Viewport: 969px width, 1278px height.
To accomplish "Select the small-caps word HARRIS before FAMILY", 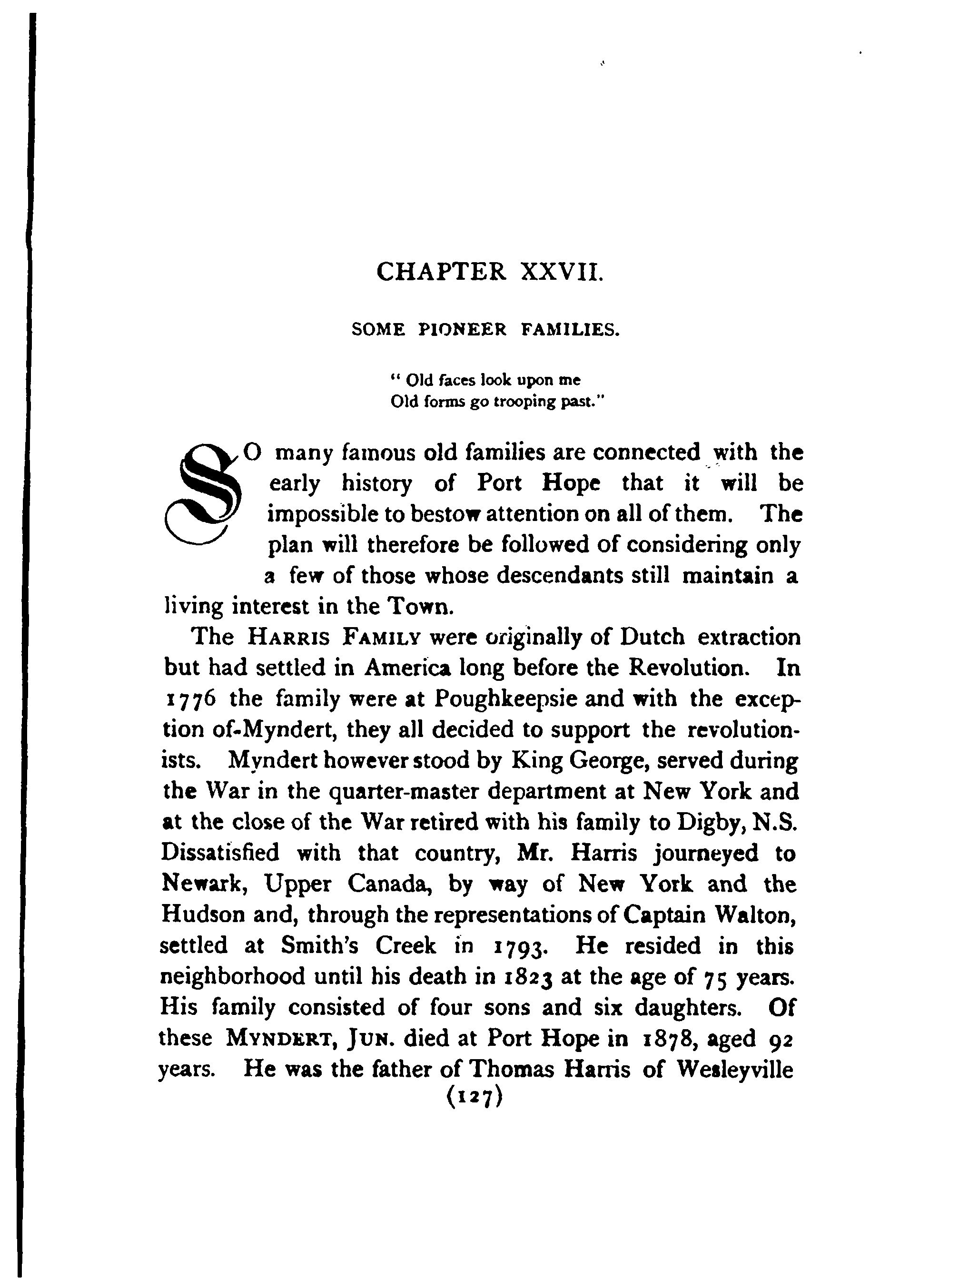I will coord(288,638).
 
